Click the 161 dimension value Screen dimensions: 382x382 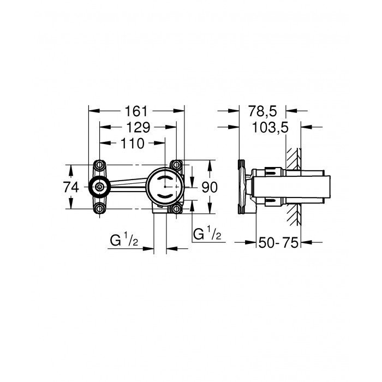(136, 111)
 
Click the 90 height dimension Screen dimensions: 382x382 (210, 187)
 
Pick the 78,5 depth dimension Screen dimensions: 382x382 (264, 111)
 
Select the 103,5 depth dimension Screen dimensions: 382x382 (270, 128)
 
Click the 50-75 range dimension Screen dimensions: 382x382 (278, 243)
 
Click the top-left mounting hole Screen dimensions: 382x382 (99, 165)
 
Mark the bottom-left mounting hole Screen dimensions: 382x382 (99, 209)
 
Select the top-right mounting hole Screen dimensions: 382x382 (176, 165)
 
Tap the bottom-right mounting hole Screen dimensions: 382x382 (176, 209)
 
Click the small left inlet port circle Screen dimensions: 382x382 (99, 187)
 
